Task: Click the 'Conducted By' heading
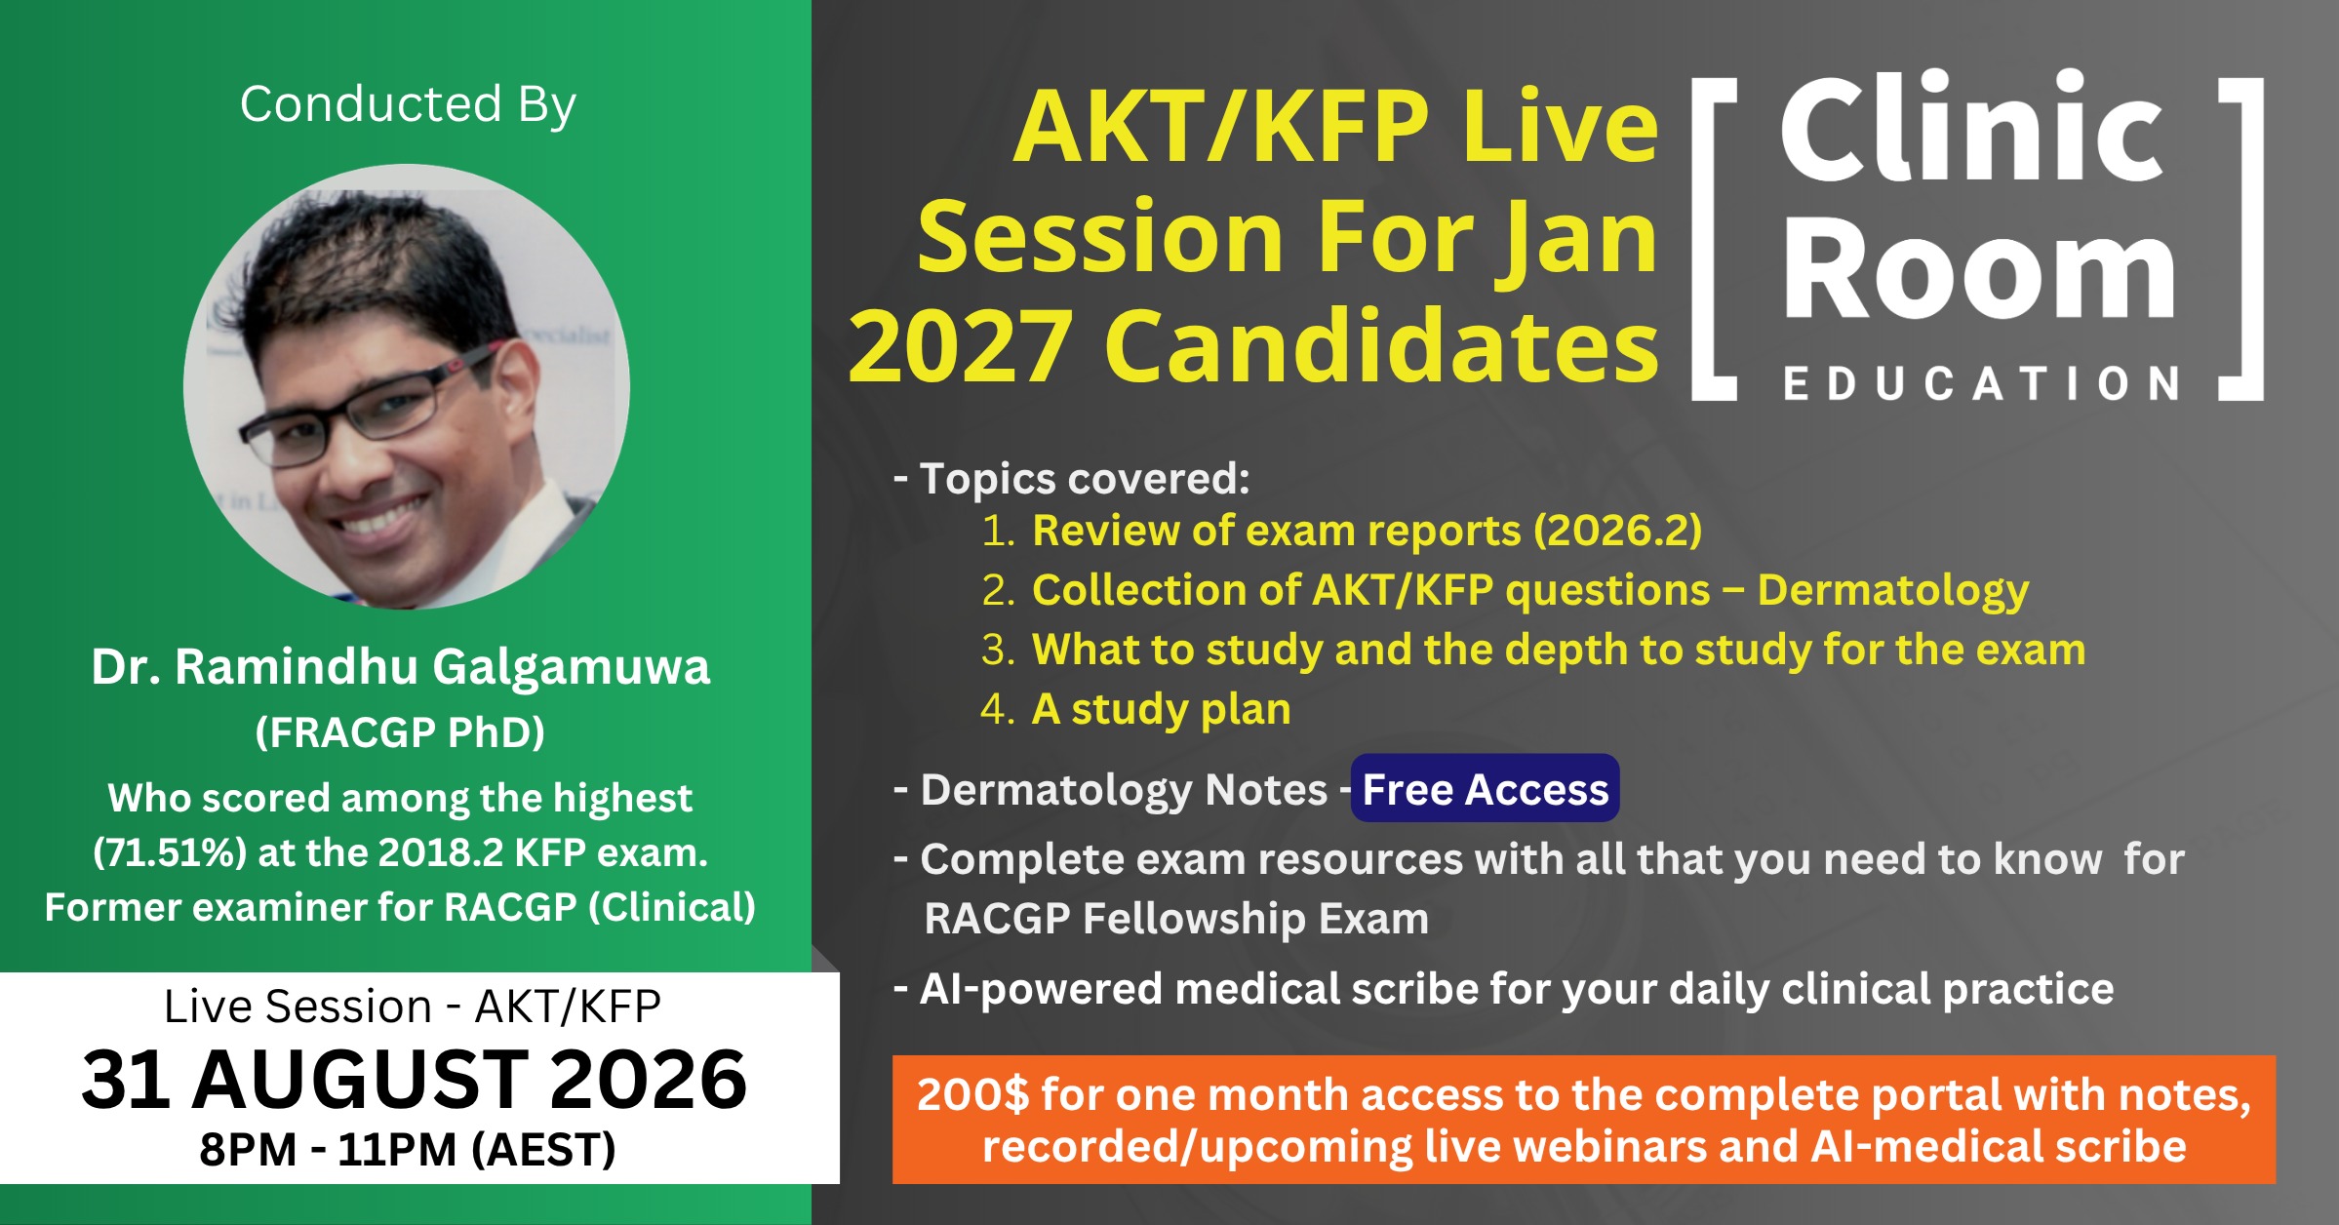click(408, 105)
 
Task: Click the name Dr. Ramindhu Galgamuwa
click(400, 668)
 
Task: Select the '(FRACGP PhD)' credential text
click(400, 732)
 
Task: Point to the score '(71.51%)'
click(170, 853)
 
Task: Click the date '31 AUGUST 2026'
click(415, 1080)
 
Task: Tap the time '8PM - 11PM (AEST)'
click(408, 1150)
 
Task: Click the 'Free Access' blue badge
click(1485, 789)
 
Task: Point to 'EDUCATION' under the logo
click(1981, 384)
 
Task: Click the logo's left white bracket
click(1714, 239)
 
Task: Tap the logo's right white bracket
click(2240, 239)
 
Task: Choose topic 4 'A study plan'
click(1162, 710)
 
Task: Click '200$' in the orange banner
click(972, 1094)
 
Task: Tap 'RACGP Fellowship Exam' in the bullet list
click(1176, 919)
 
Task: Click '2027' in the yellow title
click(961, 347)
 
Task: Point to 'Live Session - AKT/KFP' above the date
click(413, 1007)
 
